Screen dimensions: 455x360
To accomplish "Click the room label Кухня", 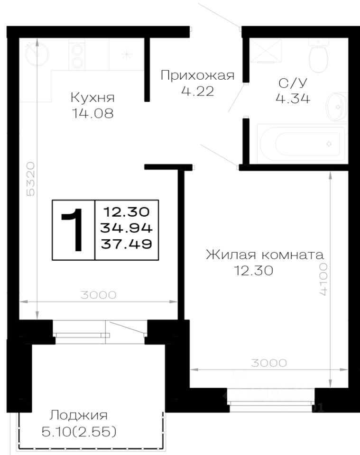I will tap(93, 98).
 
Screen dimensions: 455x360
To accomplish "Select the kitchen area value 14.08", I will tap(93, 113).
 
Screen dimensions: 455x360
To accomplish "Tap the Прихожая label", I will tap(197, 75).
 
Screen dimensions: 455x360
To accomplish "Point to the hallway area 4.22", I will tap(197, 91).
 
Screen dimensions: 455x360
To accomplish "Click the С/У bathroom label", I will tap(293, 83).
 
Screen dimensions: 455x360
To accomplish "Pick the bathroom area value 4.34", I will tap(293, 99).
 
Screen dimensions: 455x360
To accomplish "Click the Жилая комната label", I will tap(265, 255).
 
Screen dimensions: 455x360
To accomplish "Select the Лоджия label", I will tap(79, 416).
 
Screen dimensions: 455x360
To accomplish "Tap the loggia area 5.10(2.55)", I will tap(79, 432).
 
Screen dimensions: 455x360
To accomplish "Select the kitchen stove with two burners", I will tap(76, 55).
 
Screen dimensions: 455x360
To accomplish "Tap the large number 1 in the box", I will tap(74, 230).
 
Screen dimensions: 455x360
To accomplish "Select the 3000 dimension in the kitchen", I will tap(98, 295).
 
